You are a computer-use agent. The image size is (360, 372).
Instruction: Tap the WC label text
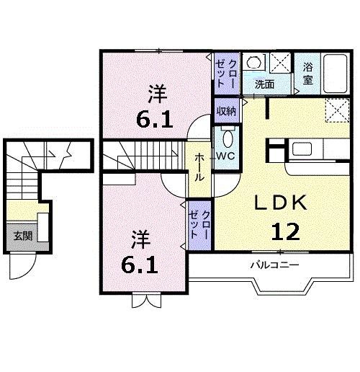226,155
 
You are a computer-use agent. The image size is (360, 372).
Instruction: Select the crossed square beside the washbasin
279,62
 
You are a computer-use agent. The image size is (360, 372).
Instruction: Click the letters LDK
281,204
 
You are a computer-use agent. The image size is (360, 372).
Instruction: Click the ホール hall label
199,167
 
